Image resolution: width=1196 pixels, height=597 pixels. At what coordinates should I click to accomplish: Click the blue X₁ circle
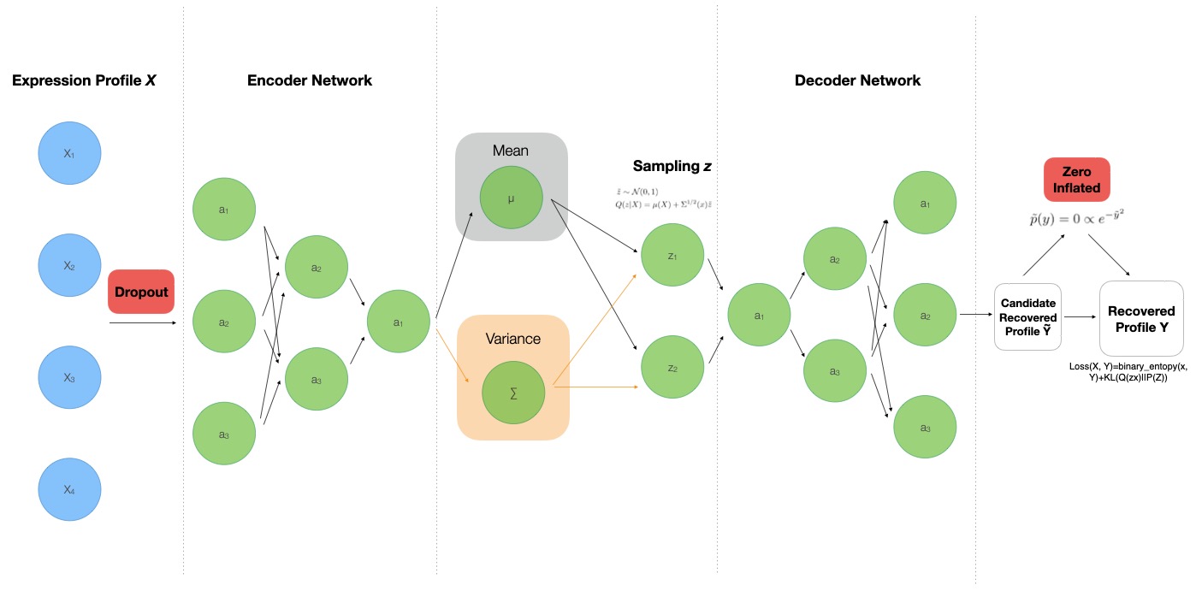tap(70, 153)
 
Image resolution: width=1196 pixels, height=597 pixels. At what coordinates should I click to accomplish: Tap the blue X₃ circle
tap(70, 378)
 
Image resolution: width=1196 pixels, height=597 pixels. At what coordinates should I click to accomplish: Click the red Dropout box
tap(141, 292)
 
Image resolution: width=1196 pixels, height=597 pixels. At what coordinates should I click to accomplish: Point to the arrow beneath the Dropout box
tap(143, 322)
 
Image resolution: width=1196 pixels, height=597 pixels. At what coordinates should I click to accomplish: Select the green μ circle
tap(511, 198)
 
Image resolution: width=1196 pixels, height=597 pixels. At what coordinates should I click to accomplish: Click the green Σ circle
tap(513, 394)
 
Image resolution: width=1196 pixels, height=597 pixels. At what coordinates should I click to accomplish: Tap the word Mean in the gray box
tap(511, 151)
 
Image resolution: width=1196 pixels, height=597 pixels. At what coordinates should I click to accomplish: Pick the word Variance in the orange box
tap(513, 339)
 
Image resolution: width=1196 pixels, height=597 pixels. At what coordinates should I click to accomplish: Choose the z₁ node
tap(672, 255)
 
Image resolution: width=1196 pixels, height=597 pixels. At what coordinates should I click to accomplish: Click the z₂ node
tap(672, 369)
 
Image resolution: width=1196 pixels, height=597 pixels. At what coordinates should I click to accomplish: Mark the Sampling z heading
tap(672, 166)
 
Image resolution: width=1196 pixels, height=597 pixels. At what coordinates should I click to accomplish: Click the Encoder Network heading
tap(310, 81)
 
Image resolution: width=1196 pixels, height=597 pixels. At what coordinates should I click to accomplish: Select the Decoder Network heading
tap(857, 81)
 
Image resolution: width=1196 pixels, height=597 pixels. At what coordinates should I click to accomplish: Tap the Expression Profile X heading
tap(84, 81)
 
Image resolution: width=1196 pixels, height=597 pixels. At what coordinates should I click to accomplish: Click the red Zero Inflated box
tap(1076, 180)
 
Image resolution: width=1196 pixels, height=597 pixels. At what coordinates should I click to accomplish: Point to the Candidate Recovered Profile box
tap(1028, 317)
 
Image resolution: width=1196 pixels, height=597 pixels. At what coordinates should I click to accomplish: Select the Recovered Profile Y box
tap(1141, 318)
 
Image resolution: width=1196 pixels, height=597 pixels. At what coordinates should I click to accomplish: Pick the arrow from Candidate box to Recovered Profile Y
tap(1081, 317)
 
